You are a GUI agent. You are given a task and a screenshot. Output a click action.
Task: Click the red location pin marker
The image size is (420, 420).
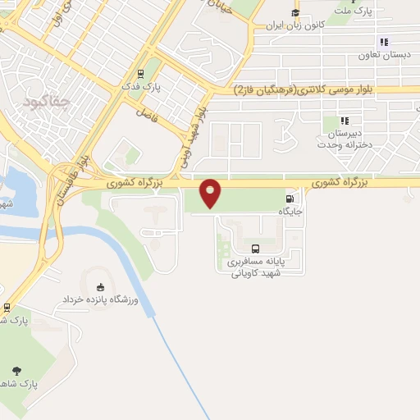211,193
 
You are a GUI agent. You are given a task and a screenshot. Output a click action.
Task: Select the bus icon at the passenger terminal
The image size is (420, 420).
255,249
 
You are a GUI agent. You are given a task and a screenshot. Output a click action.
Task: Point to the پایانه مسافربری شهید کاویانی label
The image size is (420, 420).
255,267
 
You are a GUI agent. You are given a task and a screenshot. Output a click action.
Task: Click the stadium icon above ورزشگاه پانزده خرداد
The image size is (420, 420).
100,287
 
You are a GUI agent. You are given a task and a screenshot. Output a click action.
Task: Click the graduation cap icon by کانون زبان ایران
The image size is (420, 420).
294,12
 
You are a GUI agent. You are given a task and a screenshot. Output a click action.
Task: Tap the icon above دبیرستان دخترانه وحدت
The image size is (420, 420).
345,121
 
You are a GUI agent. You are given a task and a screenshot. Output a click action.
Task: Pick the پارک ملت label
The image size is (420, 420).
358,11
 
